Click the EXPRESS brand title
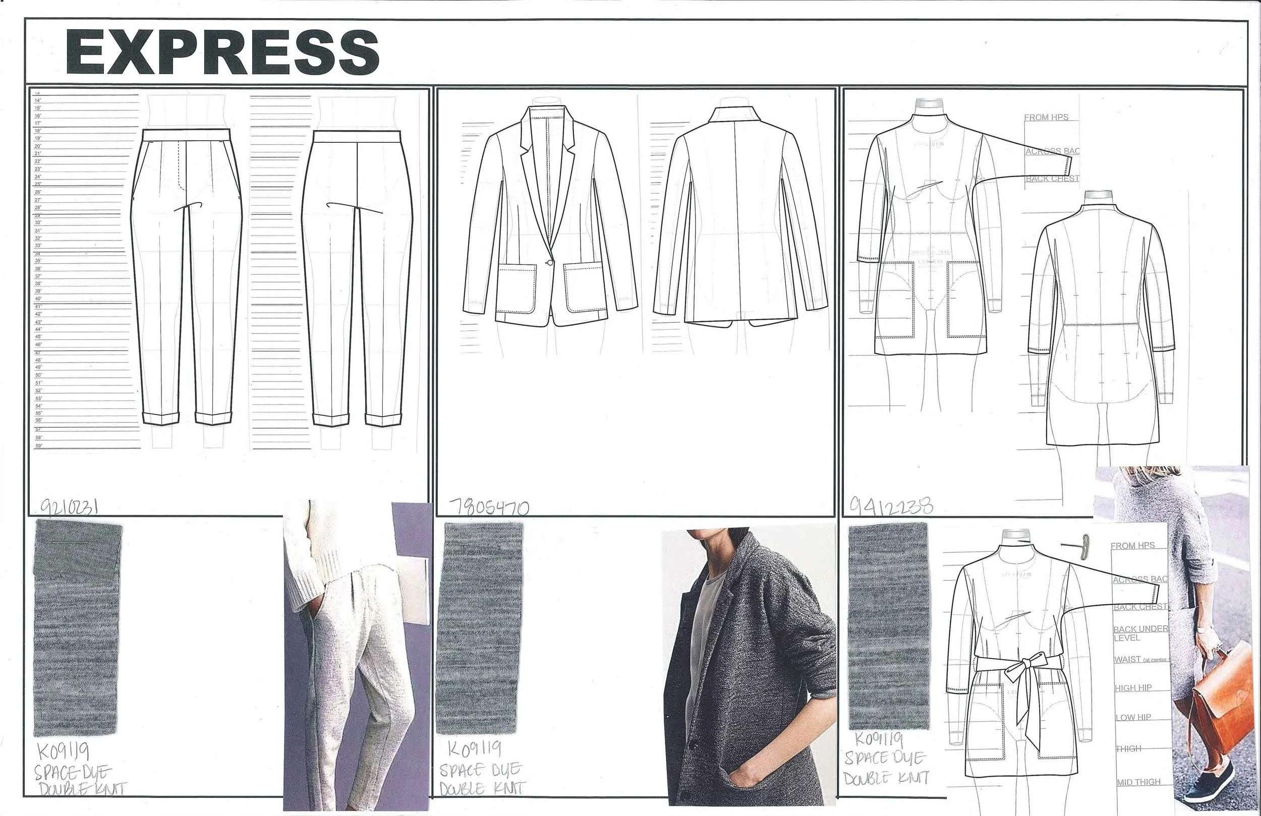222,52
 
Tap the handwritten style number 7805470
488,508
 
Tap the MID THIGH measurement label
1138,782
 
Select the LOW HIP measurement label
1133,718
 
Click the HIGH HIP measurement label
1133,688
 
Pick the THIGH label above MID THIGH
1128,749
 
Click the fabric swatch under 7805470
479,628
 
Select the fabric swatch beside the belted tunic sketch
889,627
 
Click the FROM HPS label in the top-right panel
1046,117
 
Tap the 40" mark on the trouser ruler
38,299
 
